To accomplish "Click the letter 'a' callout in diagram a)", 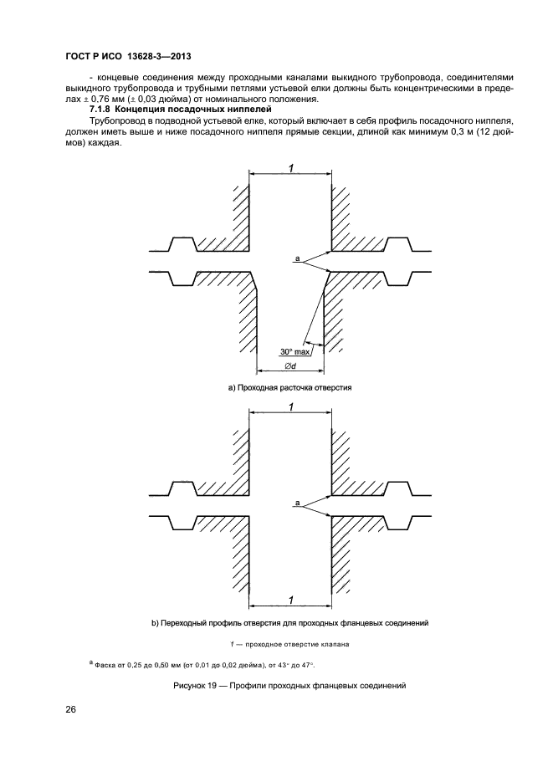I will click(x=297, y=260).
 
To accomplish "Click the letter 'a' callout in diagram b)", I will click(x=297, y=503).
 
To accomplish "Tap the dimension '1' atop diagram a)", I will click(x=289, y=168).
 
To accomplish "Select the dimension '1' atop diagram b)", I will click(x=289, y=406).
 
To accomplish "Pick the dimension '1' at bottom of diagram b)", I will click(x=289, y=599).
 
